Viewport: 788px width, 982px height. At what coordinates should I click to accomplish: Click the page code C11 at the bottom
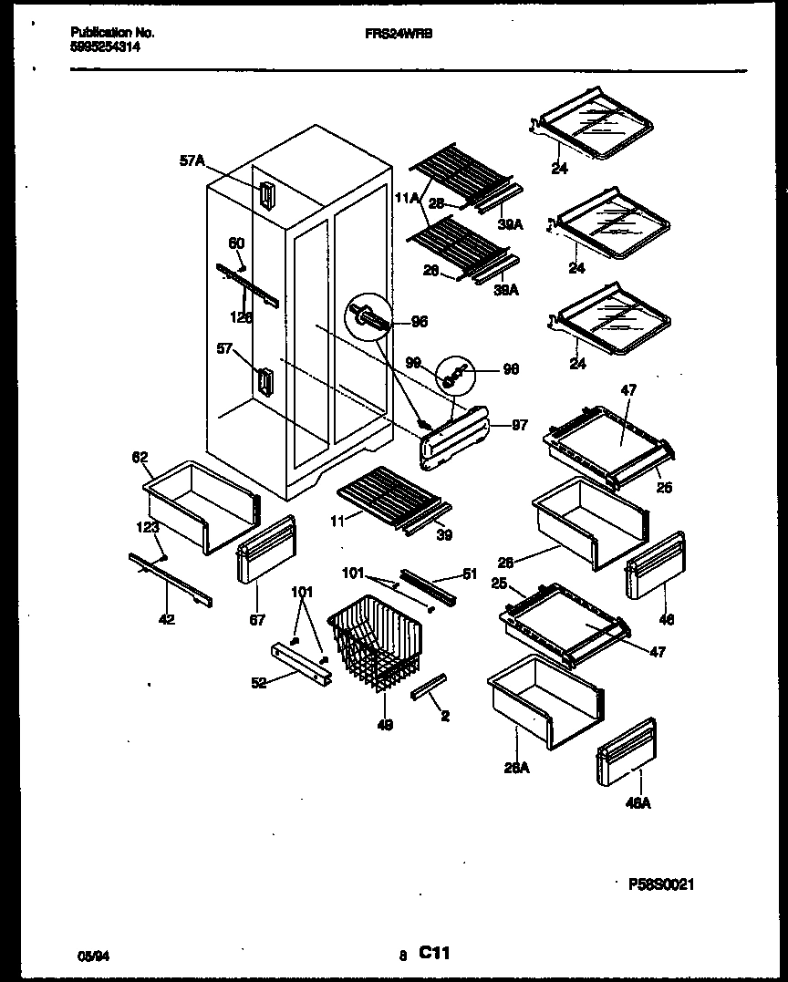pos(435,954)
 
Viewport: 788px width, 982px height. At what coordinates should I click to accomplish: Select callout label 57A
pos(192,161)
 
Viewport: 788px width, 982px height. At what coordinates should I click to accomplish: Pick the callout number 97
pos(518,425)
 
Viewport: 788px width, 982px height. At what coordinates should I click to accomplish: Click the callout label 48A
pos(638,803)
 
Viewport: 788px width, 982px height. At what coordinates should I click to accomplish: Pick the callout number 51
pos(470,574)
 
